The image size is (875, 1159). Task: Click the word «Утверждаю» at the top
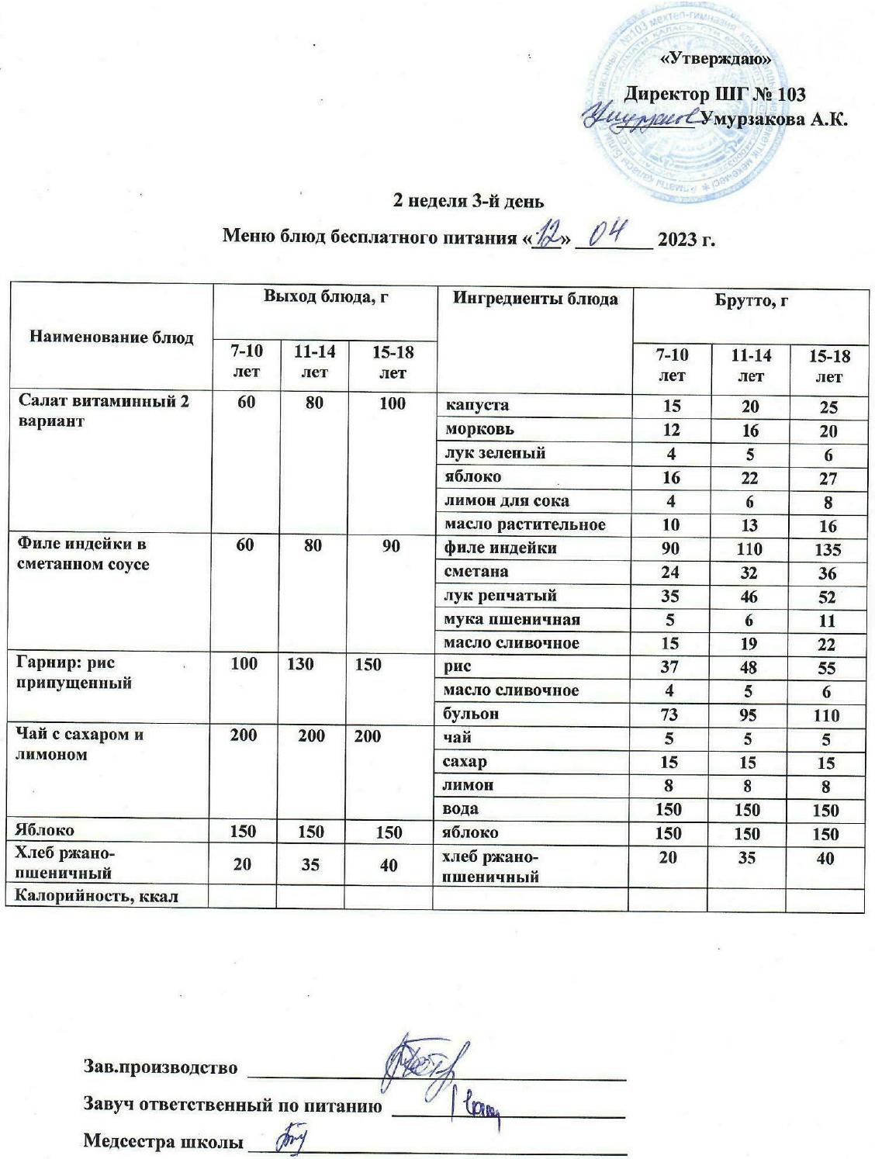pyautogui.click(x=714, y=59)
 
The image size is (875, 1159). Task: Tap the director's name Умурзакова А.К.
pyautogui.click(x=773, y=119)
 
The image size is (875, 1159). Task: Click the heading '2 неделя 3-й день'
pyautogui.click(x=469, y=201)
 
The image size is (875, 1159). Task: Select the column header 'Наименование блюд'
pyautogui.click(x=111, y=337)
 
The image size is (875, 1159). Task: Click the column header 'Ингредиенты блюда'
pyautogui.click(x=535, y=299)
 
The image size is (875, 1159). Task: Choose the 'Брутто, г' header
pyautogui.click(x=751, y=299)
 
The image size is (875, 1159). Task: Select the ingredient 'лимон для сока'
pyautogui.click(x=506, y=500)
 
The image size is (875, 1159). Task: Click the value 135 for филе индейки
pyautogui.click(x=828, y=550)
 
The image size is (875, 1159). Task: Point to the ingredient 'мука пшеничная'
pyautogui.click(x=511, y=619)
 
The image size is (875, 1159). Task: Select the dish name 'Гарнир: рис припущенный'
pyautogui.click(x=74, y=673)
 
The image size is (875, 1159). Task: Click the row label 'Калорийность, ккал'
pyautogui.click(x=92, y=897)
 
